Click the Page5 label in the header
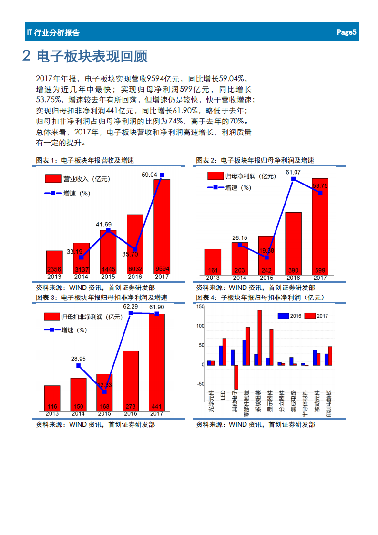(347, 32)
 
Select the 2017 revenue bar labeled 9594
(162, 224)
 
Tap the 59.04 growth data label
(149, 175)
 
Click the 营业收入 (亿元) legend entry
(77, 179)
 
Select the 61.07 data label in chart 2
(293, 172)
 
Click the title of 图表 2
(255, 161)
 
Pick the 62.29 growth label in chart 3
(131, 307)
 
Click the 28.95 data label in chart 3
(78, 359)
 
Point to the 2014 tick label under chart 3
(78, 414)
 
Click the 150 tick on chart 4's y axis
(200, 307)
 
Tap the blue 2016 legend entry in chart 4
(289, 316)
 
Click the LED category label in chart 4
(223, 394)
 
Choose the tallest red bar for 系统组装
(259, 338)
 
